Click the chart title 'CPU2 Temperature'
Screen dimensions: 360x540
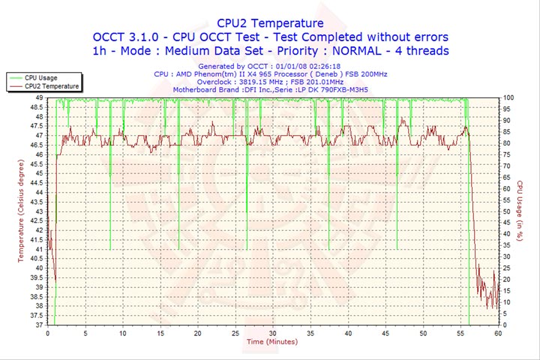270,23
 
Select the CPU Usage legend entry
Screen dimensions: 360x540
41,77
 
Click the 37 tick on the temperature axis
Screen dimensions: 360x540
38,325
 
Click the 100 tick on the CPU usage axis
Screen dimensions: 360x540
508,97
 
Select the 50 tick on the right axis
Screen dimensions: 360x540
507,211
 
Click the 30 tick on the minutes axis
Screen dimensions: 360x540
272,332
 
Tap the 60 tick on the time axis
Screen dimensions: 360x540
498,332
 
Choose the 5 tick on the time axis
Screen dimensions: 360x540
85,332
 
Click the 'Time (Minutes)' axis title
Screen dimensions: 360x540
271,342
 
